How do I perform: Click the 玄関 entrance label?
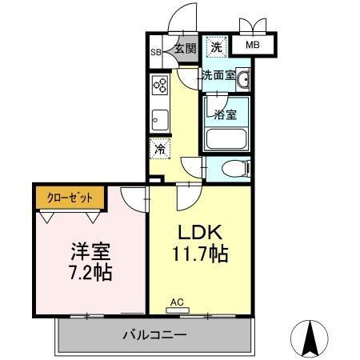186,48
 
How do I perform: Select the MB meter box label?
252,45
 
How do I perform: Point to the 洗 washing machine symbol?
216,47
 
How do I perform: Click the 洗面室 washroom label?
218,76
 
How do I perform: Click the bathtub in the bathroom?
227,138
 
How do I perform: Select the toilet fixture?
237,168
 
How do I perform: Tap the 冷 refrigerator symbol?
160,148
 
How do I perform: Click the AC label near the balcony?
178,302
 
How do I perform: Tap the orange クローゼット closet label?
67,196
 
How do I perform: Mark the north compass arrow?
312,338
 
